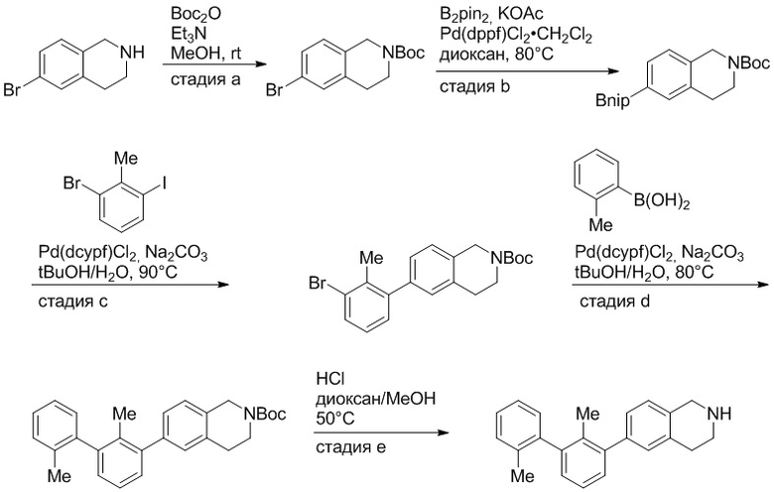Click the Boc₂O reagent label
pyautogui.click(x=195, y=13)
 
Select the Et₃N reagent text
pyautogui.click(x=189, y=34)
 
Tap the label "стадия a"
pyautogui.click(x=205, y=79)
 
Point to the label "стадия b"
pyautogui.click(x=475, y=86)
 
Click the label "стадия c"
pyautogui.click(x=73, y=301)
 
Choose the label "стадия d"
pyautogui.click(x=614, y=301)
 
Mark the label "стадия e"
pyautogui.click(x=351, y=447)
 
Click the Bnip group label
pyautogui.click(x=612, y=101)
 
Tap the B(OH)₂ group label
pyautogui.click(x=662, y=201)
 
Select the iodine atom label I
pyautogui.click(x=165, y=184)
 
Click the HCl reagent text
pyautogui.click(x=330, y=379)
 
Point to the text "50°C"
pyautogui.click(x=335, y=419)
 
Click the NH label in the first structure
pyautogui.click(x=133, y=52)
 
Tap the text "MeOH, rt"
pyautogui.click(x=206, y=54)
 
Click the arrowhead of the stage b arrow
pyautogui.click(x=613, y=71)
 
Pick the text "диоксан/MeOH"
pyautogui.click(x=376, y=398)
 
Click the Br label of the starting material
pyautogui.click(x=12, y=90)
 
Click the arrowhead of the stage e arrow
pyautogui.click(x=443, y=432)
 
